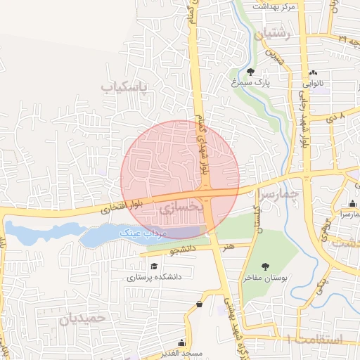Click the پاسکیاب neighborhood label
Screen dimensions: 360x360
click(125, 87)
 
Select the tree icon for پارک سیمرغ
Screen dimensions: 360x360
click(251, 72)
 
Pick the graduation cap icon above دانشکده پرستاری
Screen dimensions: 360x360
click(154, 266)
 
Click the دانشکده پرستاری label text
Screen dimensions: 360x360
click(154, 277)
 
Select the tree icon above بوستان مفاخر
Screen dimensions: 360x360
click(265, 266)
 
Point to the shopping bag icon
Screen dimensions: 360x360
click(200, 304)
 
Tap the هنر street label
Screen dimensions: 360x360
click(227, 247)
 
